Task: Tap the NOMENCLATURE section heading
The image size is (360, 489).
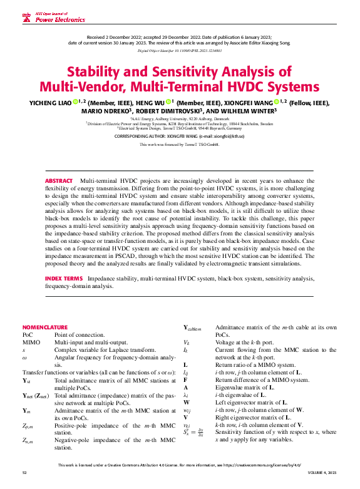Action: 45,327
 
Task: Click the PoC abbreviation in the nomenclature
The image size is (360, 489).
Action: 28,335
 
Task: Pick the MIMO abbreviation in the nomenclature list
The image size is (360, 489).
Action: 31,342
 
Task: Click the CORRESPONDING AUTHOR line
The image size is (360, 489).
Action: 180,135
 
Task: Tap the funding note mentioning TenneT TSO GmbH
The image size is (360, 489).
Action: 180,144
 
